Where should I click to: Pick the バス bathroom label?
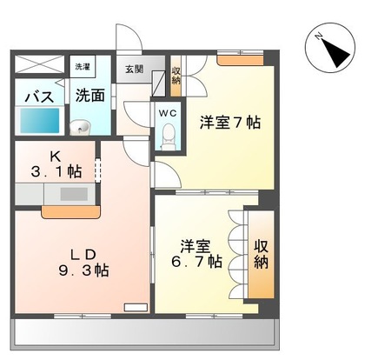click(x=37, y=96)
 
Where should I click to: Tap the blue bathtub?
click(x=39, y=120)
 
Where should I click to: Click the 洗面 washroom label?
click(x=90, y=95)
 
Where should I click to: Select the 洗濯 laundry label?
click(x=82, y=67)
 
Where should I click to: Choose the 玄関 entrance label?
click(x=134, y=69)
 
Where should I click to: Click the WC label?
click(x=168, y=112)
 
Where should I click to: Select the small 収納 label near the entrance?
click(x=176, y=76)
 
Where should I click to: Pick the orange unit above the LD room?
click(x=70, y=210)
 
